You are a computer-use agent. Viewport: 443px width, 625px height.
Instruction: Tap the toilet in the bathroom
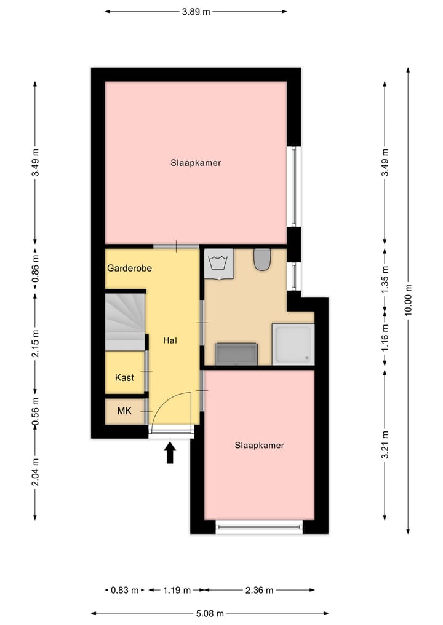[x=262, y=259]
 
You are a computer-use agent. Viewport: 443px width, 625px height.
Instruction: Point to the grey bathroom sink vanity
[x=236, y=354]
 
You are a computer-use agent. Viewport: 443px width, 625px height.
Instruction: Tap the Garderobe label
[x=129, y=269]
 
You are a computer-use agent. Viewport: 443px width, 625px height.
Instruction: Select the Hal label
[x=170, y=340]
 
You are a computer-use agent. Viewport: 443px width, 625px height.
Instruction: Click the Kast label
[x=124, y=378]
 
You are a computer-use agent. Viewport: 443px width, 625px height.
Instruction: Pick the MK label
[x=124, y=410]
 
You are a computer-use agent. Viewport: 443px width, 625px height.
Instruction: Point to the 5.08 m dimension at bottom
[x=210, y=613]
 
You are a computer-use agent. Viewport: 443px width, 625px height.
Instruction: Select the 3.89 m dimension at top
[x=196, y=11]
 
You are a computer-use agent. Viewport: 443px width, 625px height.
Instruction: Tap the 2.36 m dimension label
[x=258, y=590]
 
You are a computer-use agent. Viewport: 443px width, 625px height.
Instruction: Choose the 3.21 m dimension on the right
[x=385, y=445]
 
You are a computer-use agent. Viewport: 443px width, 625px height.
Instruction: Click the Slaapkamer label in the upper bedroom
[x=196, y=163]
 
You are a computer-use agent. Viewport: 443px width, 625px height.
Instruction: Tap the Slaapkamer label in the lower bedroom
[x=259, y=445]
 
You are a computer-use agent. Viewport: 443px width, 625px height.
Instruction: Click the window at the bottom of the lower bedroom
[x=259, y=526]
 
